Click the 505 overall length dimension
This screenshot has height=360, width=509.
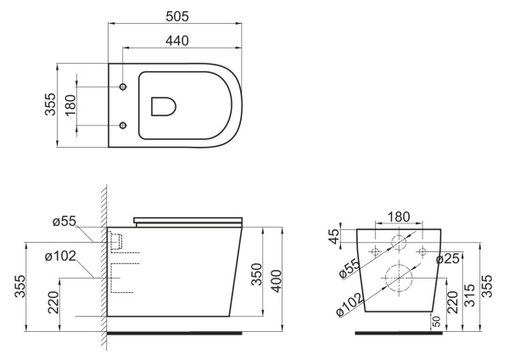click(177, 16)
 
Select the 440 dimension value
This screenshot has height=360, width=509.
click(177, 41)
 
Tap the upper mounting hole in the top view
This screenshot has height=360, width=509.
click(123, 87)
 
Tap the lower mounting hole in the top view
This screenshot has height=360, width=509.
click(123, 125)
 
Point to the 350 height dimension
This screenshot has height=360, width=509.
click(257, 274)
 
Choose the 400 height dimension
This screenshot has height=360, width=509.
click(277, 281)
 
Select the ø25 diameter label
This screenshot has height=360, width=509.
click(448, 259)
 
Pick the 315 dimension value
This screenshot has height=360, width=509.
click(470, 295)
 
